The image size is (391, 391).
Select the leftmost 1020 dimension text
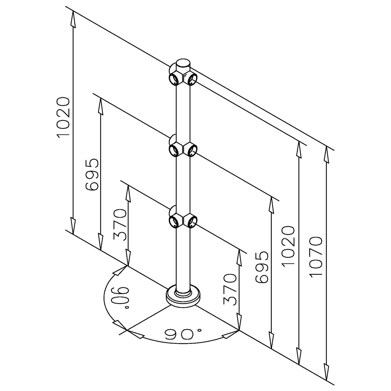pyautogui.click(x=64, y=118)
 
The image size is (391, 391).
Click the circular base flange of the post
pyautogui.click(x=183, y=297)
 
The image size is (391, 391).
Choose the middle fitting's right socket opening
pyautogui.click(x=192, y=150)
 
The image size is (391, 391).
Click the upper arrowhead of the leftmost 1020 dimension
pyautogui.click(x=73, y=19)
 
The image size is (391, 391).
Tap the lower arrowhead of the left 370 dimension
pyautogui.click(x=128, y=257)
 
